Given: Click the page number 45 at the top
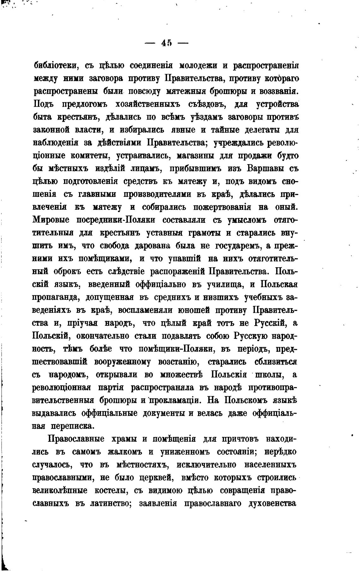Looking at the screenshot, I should tap(166, 43).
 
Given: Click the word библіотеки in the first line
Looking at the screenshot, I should tap(56, 66).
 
